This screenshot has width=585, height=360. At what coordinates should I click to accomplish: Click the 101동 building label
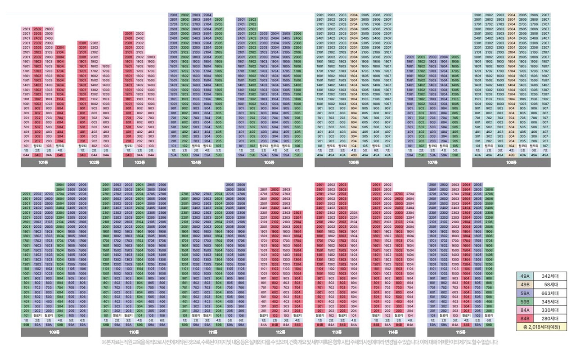click(x=43, y=162)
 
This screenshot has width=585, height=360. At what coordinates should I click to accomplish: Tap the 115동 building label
click(x=460, y=332)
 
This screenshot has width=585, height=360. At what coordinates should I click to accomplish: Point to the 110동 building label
click(x=134, y=332)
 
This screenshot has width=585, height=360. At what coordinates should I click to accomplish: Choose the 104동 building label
click(x=196, y=162)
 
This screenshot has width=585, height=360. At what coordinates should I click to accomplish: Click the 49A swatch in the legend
click(x=524, y=275)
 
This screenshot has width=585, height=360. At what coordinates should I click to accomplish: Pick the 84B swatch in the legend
click(x=524, y=318)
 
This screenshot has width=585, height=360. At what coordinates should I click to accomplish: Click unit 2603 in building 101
click(x=49, y=29)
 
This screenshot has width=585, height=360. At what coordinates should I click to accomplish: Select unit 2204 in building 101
click(x=60, y=47)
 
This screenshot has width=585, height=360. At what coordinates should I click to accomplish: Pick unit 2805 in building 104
click(x=218, y=20)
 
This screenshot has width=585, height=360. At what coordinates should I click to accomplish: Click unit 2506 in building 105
click(x=297, y=33)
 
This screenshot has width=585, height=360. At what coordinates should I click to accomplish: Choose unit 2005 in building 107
click(x=455, y=57)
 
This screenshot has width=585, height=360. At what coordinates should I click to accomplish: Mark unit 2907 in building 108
click(x=545, y=15)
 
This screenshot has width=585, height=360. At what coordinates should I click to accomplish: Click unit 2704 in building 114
click(x=410, y=194)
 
